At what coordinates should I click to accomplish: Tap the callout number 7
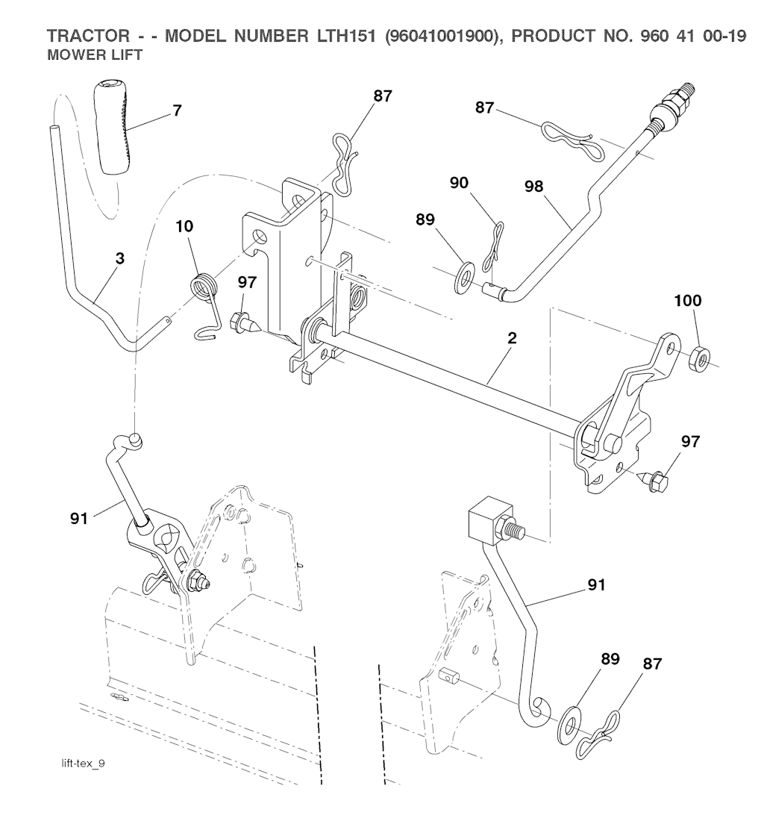pyautogui.click(x=176, y=111)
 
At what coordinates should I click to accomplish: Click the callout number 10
pyautogui.click(x=186, y=226)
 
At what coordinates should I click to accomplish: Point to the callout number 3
pyautogui.click(x=119, y=258)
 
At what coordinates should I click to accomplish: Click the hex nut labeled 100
pyautogui.click(x=701, y=353)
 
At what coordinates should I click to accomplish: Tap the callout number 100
pyautogui.click(x=687, y=301)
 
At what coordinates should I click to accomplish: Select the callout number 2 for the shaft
pyautogui.click(x=511, y=337)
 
